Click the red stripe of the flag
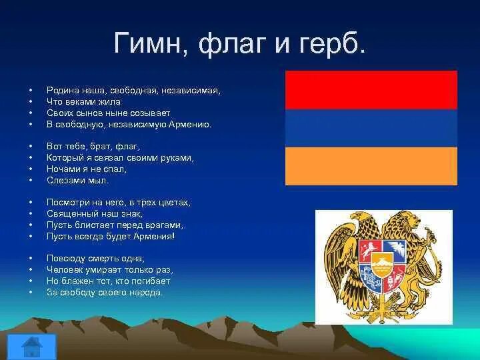click(x=371, y=90)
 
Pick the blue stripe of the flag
click(x=371, y=128)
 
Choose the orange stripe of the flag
click(x=371, y=166)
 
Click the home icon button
click(x=32, y=347)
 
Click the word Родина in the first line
click(x=63, y=91)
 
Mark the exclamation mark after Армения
click(x=173, y=236)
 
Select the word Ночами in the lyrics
click(x=63, y=169)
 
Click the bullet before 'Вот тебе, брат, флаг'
click(x=30, y=146)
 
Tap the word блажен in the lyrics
click(x=74, y=281)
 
